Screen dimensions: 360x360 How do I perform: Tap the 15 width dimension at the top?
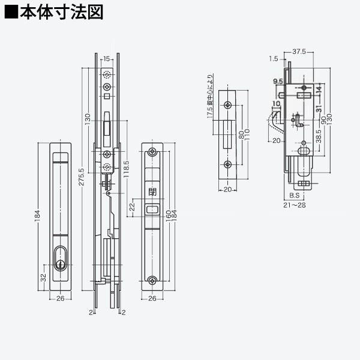pyautogui.click(x=106, y=58)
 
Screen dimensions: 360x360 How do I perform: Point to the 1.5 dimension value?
pyautogui.click(x=274, y=59)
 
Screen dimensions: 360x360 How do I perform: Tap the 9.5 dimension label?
pyautogui.click(x=278, y=81)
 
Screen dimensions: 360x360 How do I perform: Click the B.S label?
pyautogui.click(x=294, y=196)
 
